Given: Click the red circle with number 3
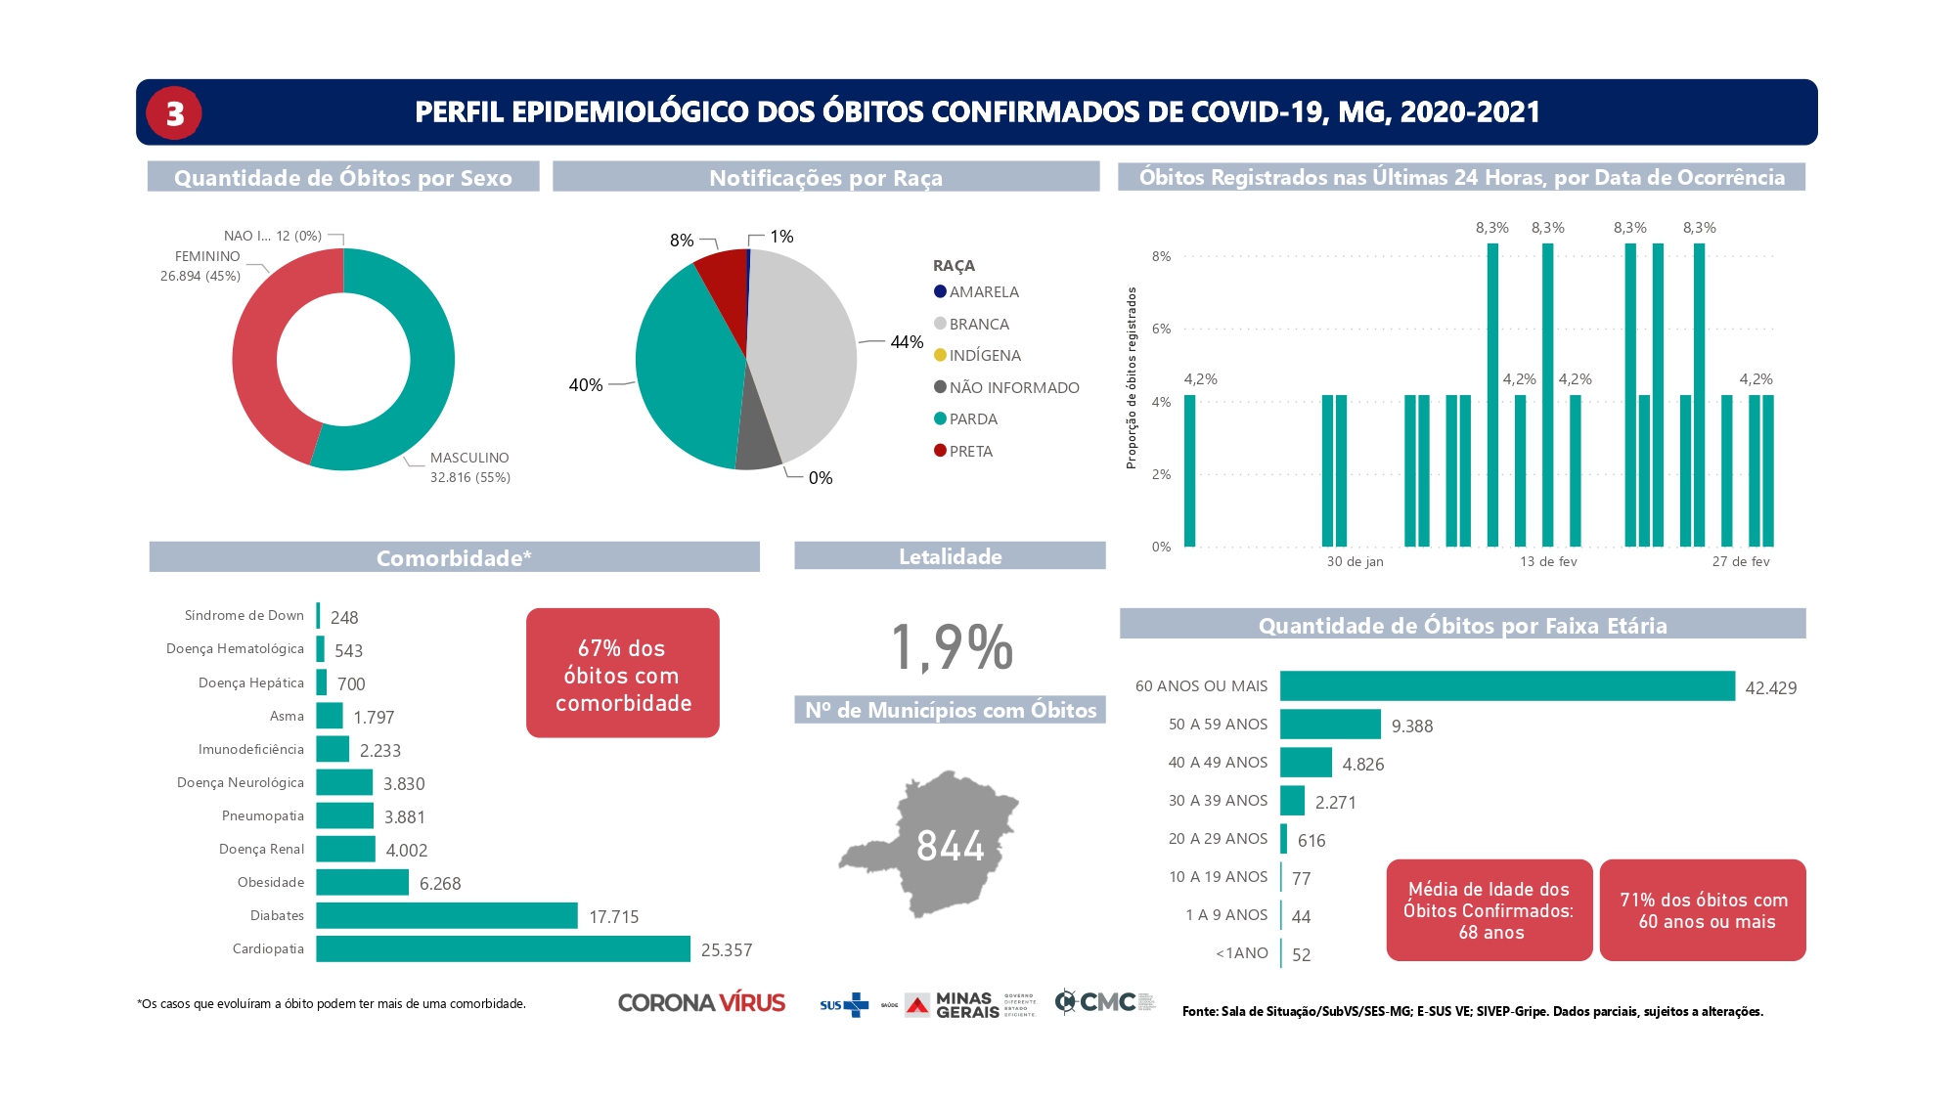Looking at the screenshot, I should coord(174,113).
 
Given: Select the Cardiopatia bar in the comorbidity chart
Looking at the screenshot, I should coord(503,948).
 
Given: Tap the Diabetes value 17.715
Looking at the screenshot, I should coord(613,916).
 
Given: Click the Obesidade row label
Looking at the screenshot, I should coord(271,882).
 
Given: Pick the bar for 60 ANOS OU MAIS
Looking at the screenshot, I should coord(1506,685).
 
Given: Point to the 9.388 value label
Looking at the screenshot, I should coord(1411,726).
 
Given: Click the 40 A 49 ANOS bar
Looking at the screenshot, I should coord(1306,762).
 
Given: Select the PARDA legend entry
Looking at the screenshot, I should coord(972,418).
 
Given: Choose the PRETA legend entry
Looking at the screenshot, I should coord(969,451).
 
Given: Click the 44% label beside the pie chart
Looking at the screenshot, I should coord(907,341).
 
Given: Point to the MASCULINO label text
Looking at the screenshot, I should coord(469,458).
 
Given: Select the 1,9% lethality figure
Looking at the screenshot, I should coord(951,646).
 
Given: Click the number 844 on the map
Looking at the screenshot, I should coord(950,846).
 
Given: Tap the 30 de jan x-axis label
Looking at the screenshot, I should coord(1355,561).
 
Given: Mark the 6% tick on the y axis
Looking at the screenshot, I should coord(1161,329).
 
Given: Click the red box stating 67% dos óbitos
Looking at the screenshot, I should coord(623,674).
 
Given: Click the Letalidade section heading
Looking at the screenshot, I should coord(950,556).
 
